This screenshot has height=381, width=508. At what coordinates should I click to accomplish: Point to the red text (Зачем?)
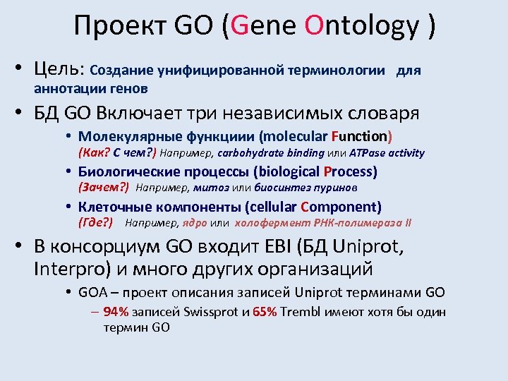pyautogui.click(x=102, y=188)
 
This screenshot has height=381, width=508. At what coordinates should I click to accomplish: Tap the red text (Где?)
pyautogui.click(x=95, y=224)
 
